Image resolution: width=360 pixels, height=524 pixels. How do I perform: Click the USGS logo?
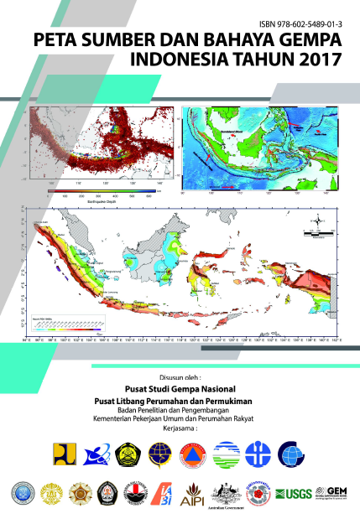click(295, 493)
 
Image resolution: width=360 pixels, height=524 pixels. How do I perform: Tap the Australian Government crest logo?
click(227, 492)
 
